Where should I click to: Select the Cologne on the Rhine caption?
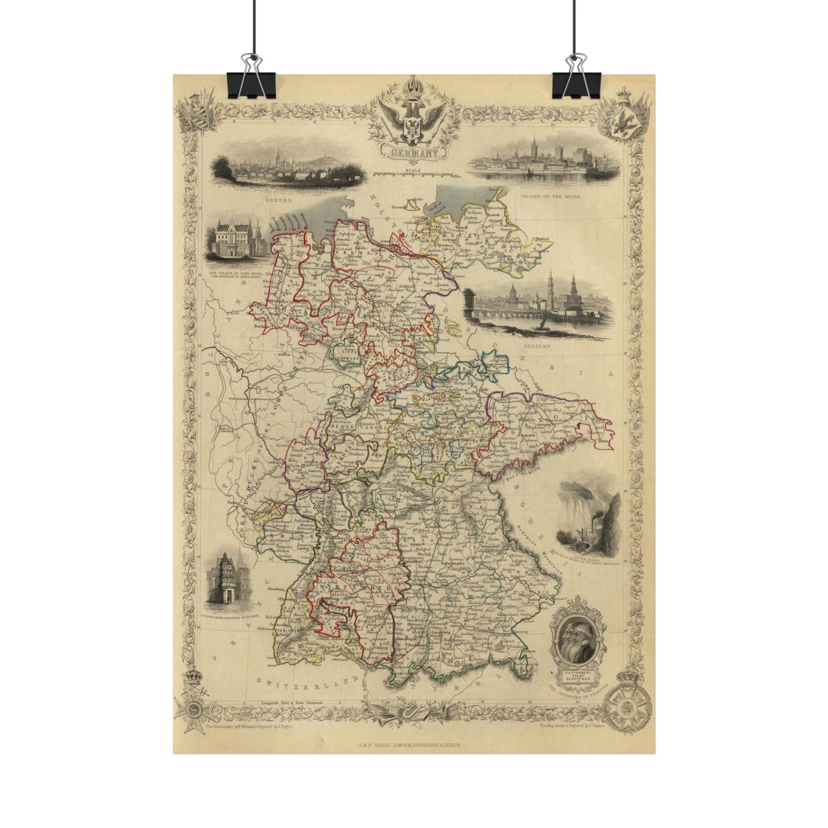[x=550, y=196]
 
